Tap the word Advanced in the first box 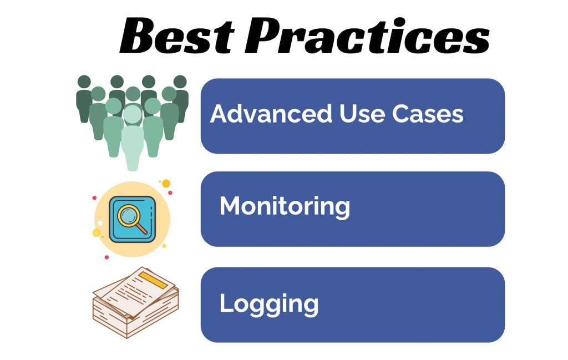pos(270,114)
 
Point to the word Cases pos(428,114)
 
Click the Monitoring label pos(285,207)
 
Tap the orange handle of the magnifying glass pos(142,228)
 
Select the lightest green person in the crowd pos(132,136)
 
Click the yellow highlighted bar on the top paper pos(153,279)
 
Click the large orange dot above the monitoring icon pos(165,184)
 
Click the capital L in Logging pos(225,303)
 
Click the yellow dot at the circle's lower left pos(97,232)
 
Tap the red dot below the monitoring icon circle pos(106,257)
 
